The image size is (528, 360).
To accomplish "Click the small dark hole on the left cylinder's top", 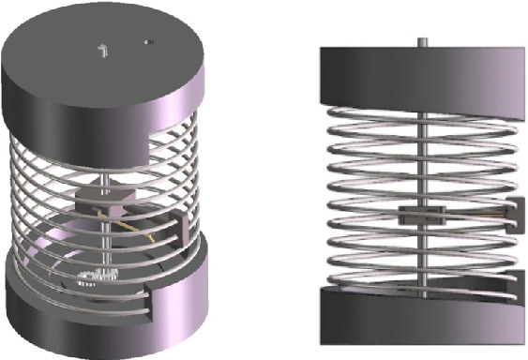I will click(146, 41).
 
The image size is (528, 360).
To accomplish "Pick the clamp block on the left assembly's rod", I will click(101, 197).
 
